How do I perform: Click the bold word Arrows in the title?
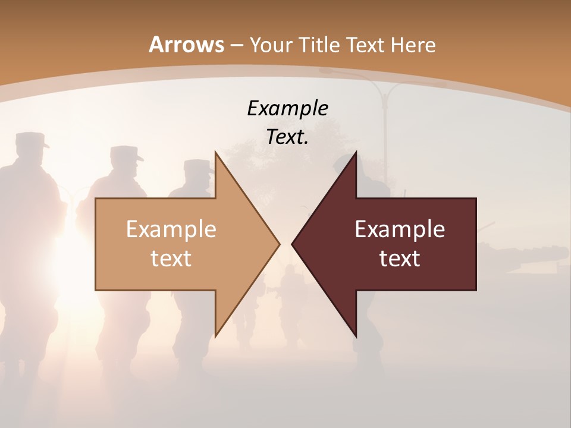186,45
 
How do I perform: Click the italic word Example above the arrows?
288,108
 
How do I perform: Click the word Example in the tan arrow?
171,229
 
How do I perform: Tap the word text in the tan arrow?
171,258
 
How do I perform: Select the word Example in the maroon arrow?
400,229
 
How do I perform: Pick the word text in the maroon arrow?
400,258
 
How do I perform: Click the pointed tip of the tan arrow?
278,244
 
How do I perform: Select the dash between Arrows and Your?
236,45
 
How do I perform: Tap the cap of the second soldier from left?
126,153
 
